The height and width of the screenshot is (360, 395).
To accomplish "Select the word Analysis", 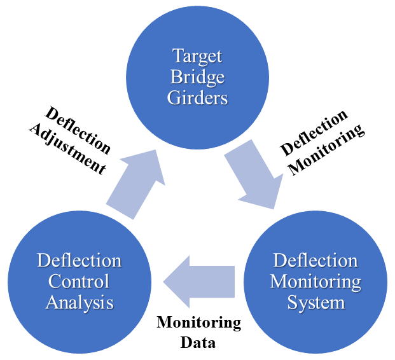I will click(x=80, y=302).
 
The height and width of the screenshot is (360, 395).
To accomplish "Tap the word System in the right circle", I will click(x=315, y=302).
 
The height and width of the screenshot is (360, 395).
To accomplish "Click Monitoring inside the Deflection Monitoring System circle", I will click(x=315, y=281).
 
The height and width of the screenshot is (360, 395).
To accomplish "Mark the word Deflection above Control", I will click(x=80, y=260).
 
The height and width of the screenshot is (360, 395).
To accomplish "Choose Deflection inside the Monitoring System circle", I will click(x=315, y=260).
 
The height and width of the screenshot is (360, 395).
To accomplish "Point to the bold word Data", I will click(x=198, y=342).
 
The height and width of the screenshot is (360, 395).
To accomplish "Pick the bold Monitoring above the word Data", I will click(x=199, y=323).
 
